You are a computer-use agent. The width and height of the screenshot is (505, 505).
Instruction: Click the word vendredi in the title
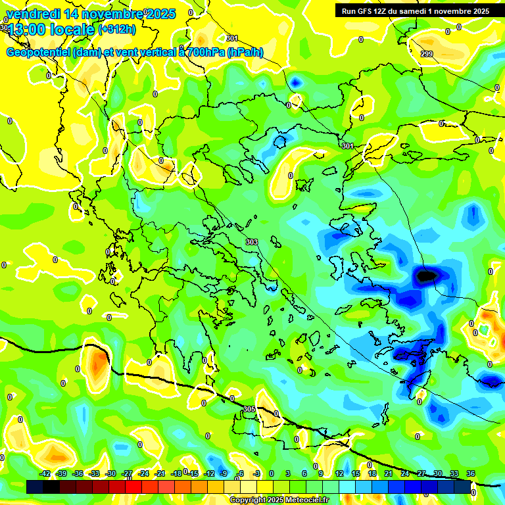click(x=33, y=14)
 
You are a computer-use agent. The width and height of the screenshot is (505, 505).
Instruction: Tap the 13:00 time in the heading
click(x=28, y=30)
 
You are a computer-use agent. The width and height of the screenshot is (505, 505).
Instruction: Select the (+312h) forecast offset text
click(x=116, y=30)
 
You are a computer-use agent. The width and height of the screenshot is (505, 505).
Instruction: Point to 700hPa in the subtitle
click(x=205, y=53)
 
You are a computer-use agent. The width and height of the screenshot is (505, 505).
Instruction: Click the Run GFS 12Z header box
click(x=415, y=11)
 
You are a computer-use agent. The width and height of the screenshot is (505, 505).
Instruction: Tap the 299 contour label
click(x=427, y=54)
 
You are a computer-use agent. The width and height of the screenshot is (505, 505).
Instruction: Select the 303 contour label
click(x=251, y=243)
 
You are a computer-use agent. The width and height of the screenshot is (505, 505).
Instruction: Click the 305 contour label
click(x=249, y=409)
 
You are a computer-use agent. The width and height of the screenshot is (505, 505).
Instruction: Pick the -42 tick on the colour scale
click(x=45, y=473)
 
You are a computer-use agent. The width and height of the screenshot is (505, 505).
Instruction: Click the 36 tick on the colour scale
click(x=470, y=473)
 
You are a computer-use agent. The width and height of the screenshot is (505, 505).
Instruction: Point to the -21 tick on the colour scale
click(x=160, y=473)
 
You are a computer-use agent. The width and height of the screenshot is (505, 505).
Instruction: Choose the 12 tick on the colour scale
click(x=339, y=473)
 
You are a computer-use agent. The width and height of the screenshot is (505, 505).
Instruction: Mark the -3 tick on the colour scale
click(x=257, y=473)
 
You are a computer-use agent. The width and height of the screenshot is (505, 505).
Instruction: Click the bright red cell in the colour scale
click(x=133, y=487)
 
